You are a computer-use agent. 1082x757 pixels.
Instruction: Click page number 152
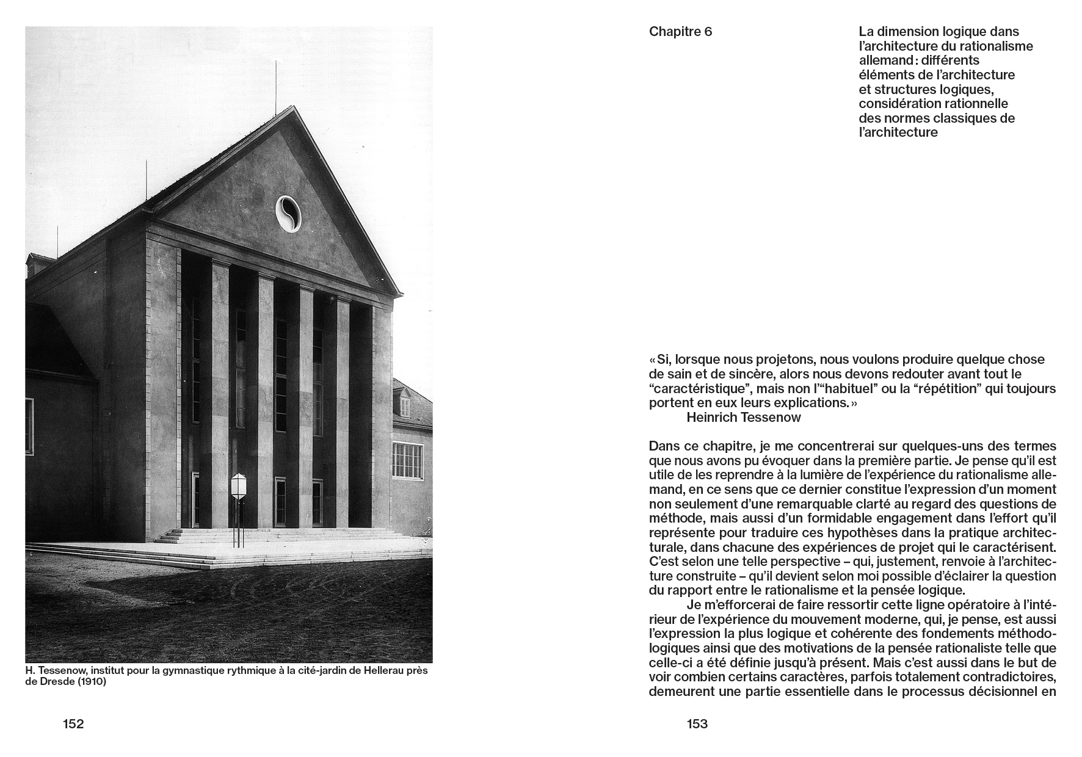(x=73, y=724)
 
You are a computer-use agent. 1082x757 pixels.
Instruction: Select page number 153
(x=697, y=724)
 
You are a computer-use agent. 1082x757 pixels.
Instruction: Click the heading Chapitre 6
(x=680, y=32)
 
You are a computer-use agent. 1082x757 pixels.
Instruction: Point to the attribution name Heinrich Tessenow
(x=743, y=418)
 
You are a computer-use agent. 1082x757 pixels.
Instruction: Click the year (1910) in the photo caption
(x=90, y=682)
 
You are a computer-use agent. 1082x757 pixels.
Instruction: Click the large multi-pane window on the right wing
(x=407, y=460)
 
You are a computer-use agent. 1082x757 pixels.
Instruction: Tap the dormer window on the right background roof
(x=404, y=405)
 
